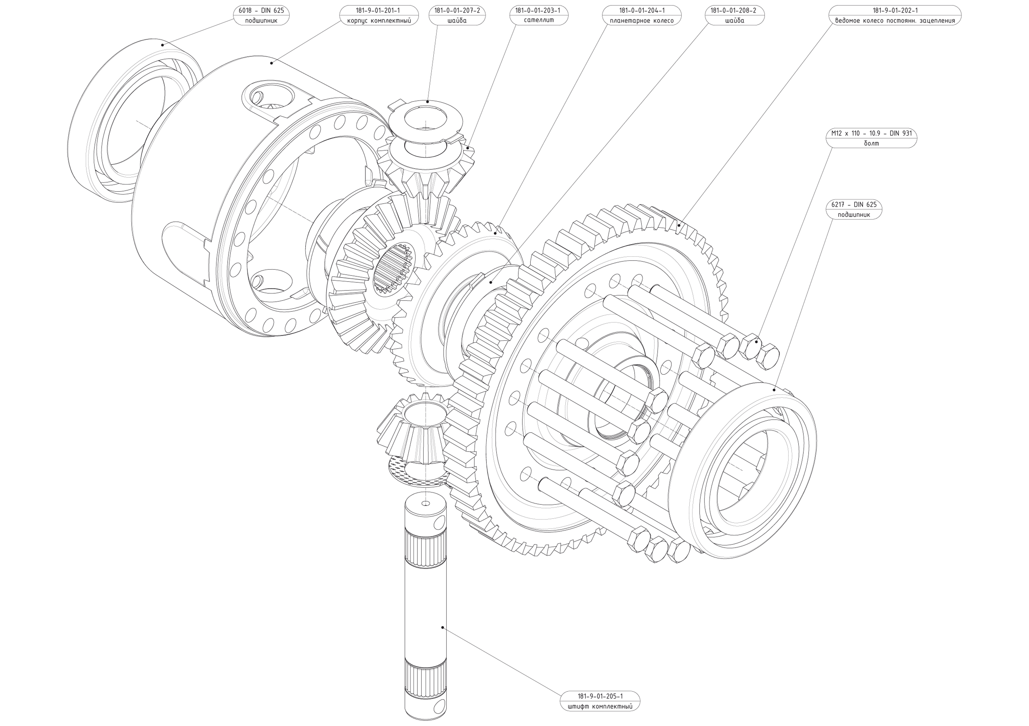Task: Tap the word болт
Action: (871, 143)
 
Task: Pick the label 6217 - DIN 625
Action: (854, 205)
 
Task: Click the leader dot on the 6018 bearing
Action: (163, 45)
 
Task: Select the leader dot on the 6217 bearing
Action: (774, 390)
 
